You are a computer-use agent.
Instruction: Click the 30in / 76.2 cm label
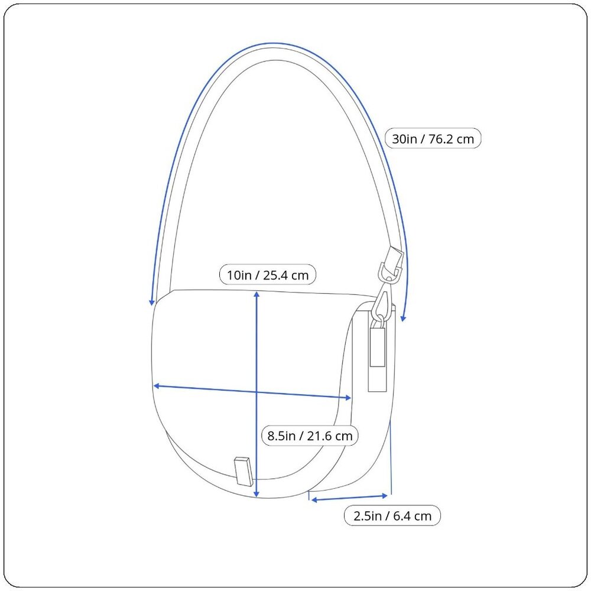pyautogui.click(x=433, y=139)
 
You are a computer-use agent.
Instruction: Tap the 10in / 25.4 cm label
pyautogui.click(x=268, y=275)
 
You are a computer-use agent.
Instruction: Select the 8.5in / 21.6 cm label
pyautogui.click(x=310, y=436)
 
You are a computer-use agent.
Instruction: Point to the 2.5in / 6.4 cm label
pyautogui.click(x=392, y=515)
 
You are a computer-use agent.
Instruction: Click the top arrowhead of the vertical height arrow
pyautogui.click(x=256, y=294)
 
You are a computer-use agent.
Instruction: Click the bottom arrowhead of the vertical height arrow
pyautogui.click(x=256, y=494)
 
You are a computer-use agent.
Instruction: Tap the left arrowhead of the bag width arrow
pyautogui.click(x=157, y=386)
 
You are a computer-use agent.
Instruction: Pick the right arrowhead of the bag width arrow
pyautogui.click(x=348, y=397)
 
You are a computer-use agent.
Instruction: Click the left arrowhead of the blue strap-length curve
pyautogui.click(x=152, y=302)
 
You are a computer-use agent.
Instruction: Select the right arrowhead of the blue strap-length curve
pyautogui.click(x=403, y=318)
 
